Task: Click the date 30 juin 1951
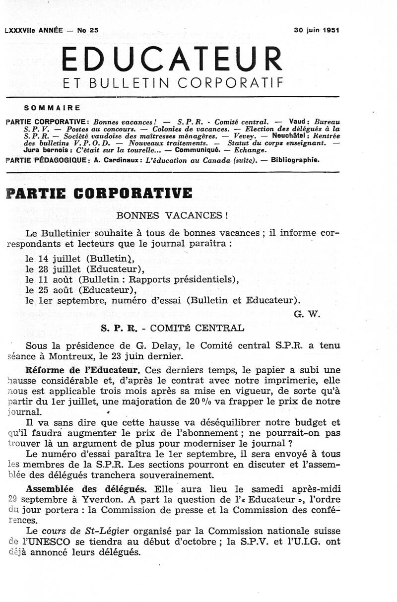tap(316, 29)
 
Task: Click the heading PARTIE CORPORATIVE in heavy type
tap(99, 193)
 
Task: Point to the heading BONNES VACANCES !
tap(172, 216)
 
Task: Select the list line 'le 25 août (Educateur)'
tap(81, 290)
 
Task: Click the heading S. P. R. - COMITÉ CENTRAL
tap(172, 328)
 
